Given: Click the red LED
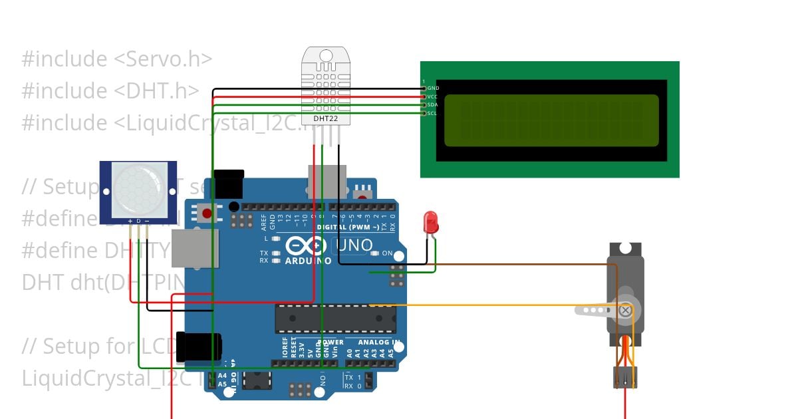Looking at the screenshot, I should click(431, 221).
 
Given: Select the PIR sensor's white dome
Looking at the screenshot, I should click(138, 189).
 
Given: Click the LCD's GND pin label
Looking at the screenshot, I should click(433, 88).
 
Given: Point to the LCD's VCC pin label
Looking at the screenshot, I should click(432, 96).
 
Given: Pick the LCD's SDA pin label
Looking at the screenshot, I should click(432, 104).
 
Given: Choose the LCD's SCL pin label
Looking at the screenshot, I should click(432, 113).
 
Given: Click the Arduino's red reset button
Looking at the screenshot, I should click(207, 214).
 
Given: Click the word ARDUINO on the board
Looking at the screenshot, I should click(309, 261).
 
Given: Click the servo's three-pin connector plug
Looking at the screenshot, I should click(624, 378).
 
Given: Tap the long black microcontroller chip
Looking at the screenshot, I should click(335, 319).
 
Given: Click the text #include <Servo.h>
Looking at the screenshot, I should click(117, 59).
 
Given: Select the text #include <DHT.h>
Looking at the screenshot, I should click(110, 91).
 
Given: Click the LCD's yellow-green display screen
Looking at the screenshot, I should click(551, 120).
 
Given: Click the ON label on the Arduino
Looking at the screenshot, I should click(387, 253).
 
